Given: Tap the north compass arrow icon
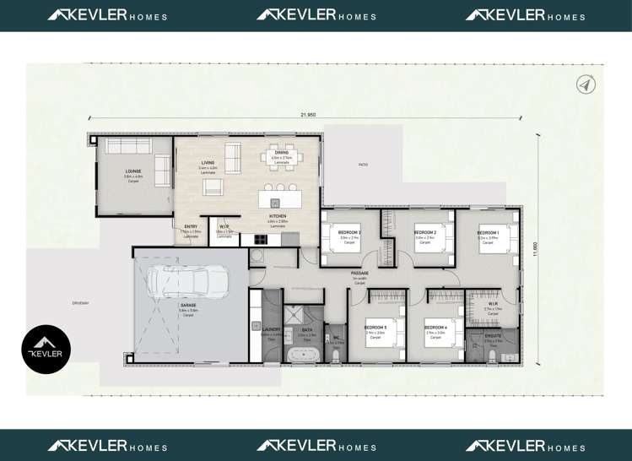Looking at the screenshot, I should [x=586, y=84].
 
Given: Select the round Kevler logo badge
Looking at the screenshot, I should [x=46, y=349].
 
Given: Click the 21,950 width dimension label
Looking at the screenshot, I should [x=307, y=114].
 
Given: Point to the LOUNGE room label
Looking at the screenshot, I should [x=132, y=171].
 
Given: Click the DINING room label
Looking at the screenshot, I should [x=281, y=153].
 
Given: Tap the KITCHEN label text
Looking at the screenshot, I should [x=278, y=217].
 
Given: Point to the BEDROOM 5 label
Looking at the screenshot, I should [x=375, y=327].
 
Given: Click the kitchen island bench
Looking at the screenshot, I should [x=278, y=198].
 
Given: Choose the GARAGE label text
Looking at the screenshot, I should [x=188, y=305].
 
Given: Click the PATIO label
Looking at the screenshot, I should [x=364, y=165].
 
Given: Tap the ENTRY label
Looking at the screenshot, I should [x=191, y=226].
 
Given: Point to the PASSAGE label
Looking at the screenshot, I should [x=359, y=273].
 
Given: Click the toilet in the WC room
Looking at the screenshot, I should [x=335, y=355].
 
